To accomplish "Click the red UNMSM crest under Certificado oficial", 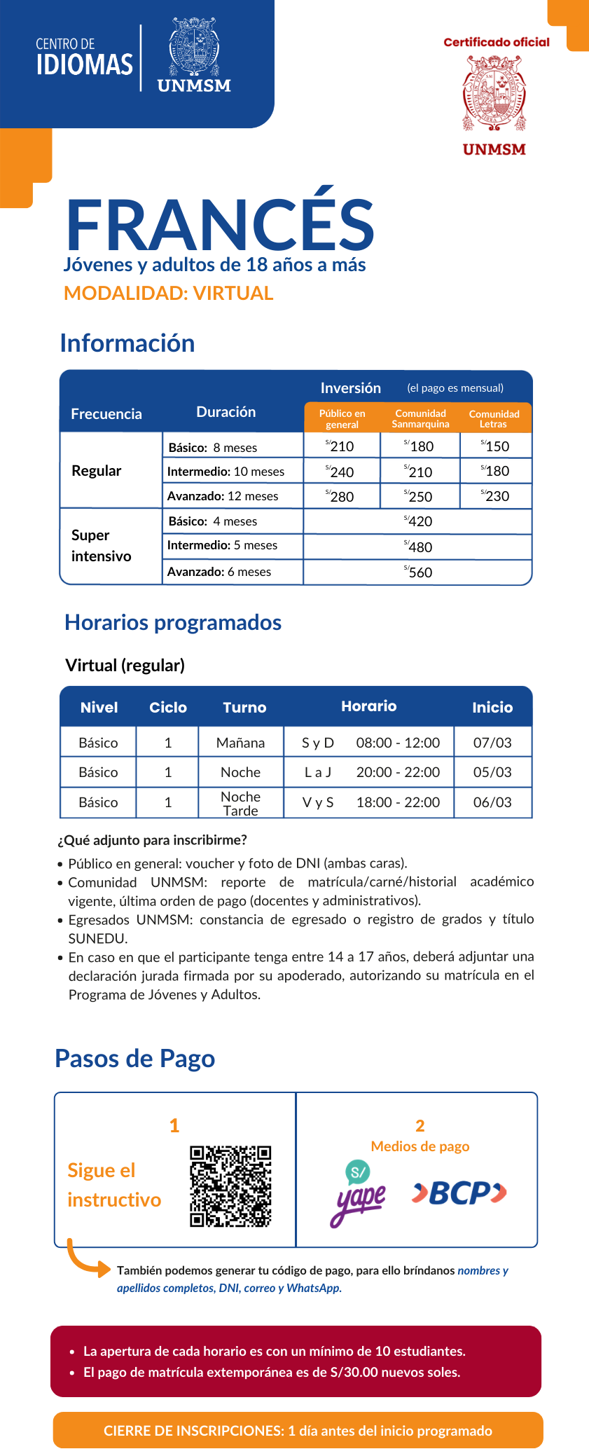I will [x=494, y=94].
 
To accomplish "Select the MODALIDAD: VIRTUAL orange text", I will [x=168, y=293].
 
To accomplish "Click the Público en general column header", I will [x=342, y=418].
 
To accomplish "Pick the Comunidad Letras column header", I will [x=494, y=418].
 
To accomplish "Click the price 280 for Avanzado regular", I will [x=342, y=496].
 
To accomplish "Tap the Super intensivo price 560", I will [x=419, y=572].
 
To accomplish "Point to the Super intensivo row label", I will [x=102, y=545].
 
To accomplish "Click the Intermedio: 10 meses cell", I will [x=226, y=472].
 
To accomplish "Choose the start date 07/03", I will [x=492, y=742].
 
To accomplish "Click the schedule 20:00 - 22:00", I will [x=398, y=772].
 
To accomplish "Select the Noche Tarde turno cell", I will [x=240, y=803].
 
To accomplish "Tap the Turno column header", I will [x=244, y=707].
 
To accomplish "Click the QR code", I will [x=230, y=1186].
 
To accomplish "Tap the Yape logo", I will [x=358, y=1193].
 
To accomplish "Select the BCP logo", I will [x=459, y=1193].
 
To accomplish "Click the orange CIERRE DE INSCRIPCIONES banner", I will [x=298, y=1430].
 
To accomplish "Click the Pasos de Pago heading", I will [x=135, y=1058].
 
